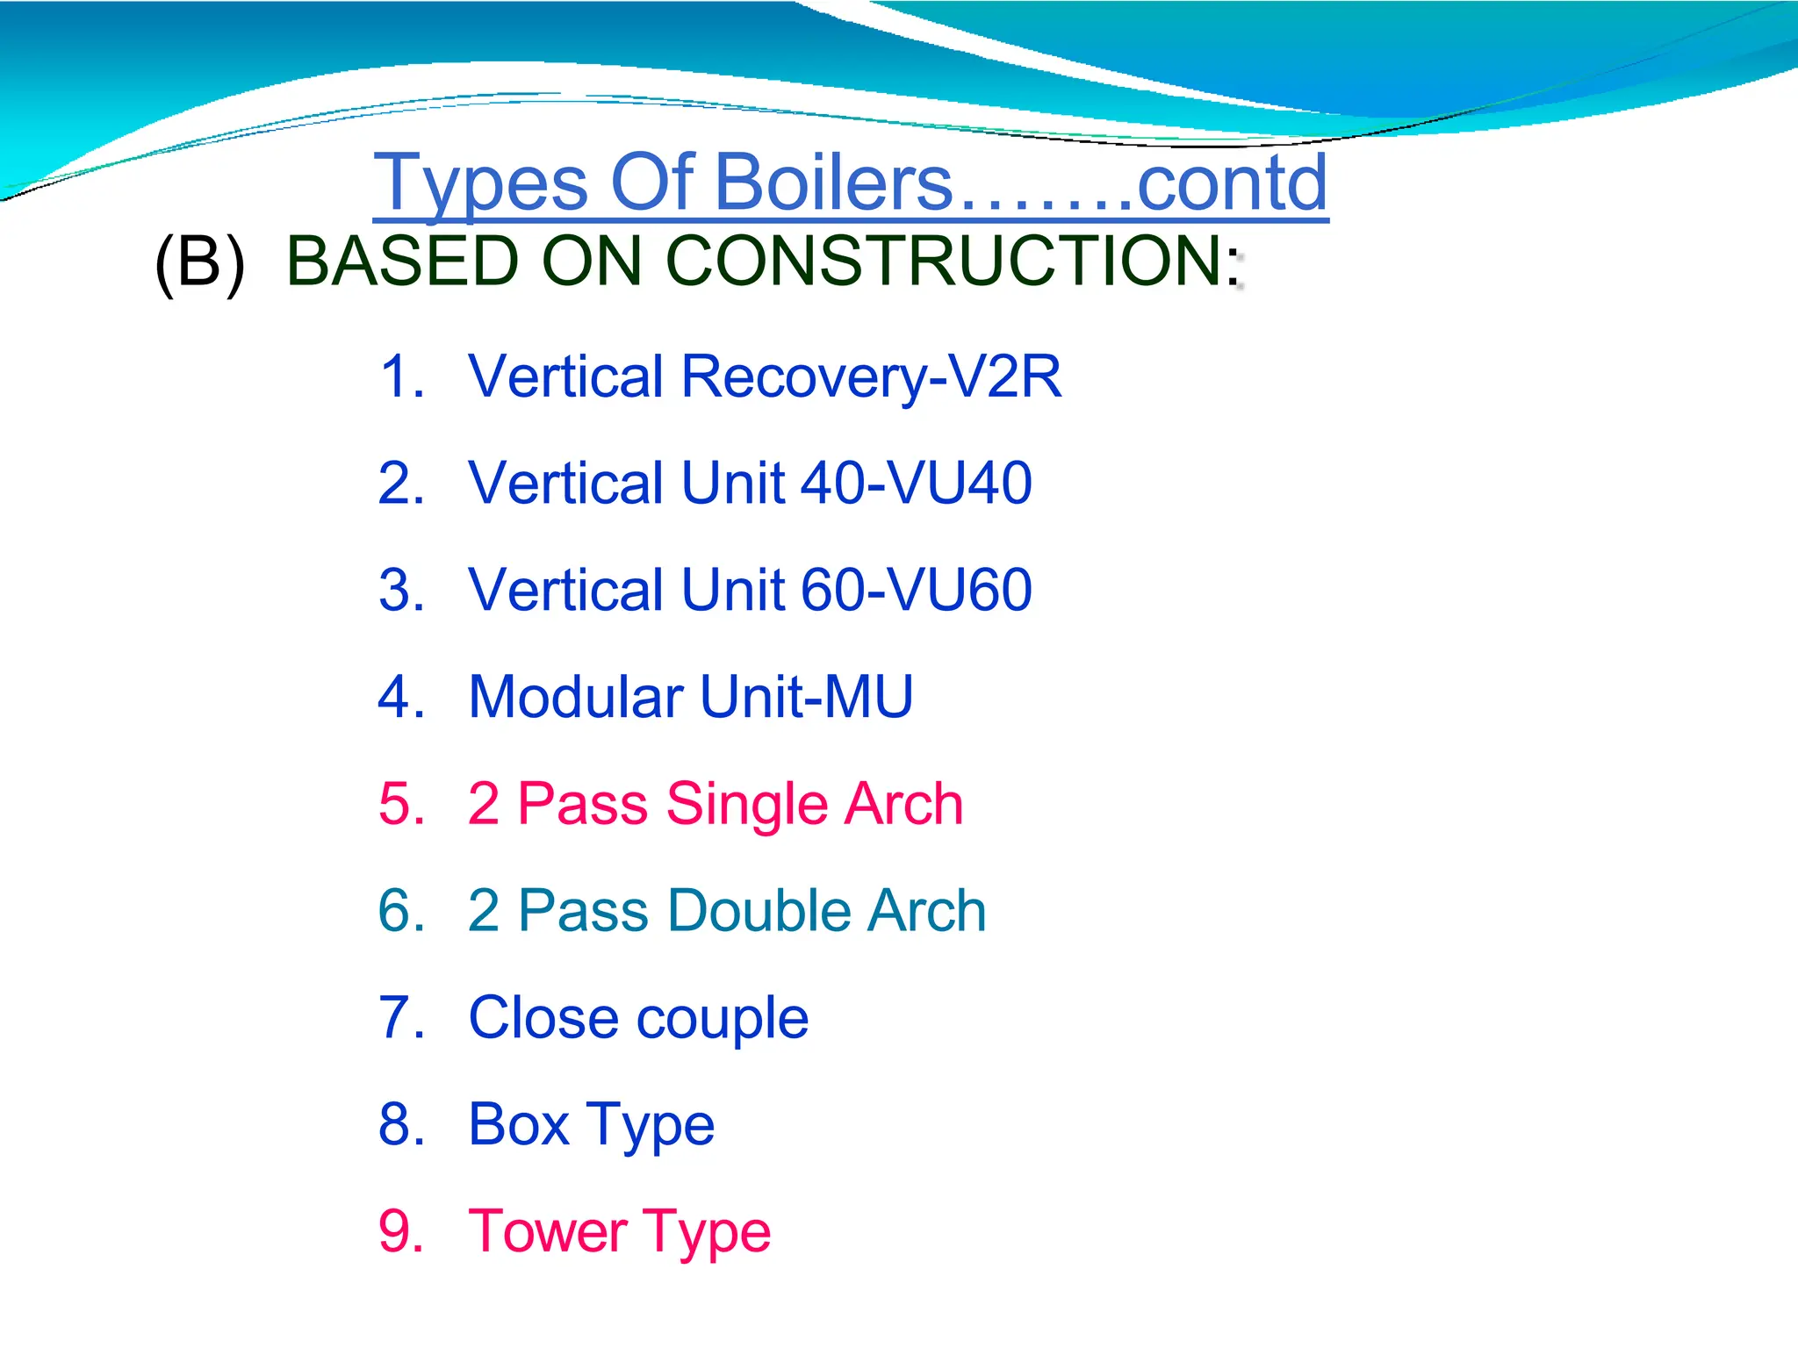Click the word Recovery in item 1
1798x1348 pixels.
803,377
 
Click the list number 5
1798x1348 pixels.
400,804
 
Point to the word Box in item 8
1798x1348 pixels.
519,1124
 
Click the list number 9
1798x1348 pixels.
400,1231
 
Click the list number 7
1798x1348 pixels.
400,1018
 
